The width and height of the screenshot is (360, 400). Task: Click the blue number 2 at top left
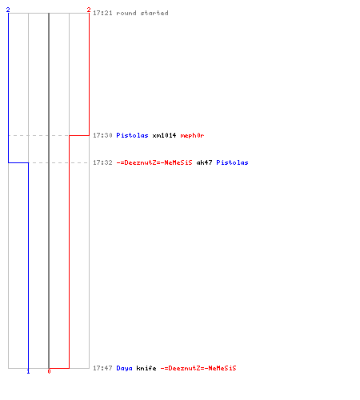(8, 10)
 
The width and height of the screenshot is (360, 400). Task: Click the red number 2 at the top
(89, 10)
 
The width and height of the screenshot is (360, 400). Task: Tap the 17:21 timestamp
(102, 13)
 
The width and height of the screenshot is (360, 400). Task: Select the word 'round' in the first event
(126, 13)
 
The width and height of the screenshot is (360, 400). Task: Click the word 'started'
(154, 13)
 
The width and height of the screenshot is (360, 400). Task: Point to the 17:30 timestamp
(102, 135)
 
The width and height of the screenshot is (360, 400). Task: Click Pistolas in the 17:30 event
(132, 135)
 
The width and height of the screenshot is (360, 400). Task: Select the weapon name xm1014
(164, 135)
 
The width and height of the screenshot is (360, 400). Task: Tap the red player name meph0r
(192, 135)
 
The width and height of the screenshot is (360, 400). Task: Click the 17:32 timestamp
(102, 162)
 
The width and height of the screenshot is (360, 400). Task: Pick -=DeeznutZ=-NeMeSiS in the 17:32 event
(154, 162)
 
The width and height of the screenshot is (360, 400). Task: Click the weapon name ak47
(204, 162)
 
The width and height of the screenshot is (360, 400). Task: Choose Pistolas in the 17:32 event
(232, 162)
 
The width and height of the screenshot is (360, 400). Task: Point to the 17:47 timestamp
(102, 368)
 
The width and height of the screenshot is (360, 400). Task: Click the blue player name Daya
(124, 368)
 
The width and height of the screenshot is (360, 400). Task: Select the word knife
(146, 368)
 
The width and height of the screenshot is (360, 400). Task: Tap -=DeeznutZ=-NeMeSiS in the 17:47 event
(198, 368)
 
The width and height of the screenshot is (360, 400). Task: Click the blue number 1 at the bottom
(28, 371)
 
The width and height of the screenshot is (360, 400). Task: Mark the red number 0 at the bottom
(49, 371)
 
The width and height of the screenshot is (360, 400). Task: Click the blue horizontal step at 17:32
(18, 162)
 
